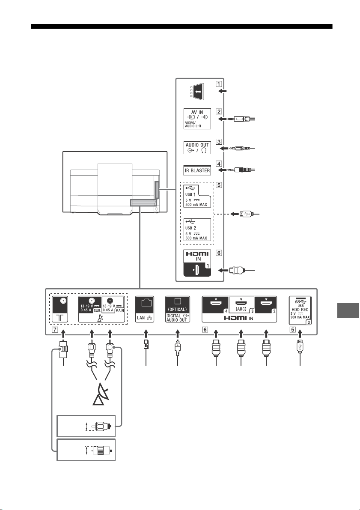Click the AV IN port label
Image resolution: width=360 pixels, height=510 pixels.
pos(197,119)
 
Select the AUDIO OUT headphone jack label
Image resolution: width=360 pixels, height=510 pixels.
pos(197,148)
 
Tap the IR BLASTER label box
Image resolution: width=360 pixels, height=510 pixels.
pos(197,170)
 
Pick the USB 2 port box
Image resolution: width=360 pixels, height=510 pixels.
pos(197,229)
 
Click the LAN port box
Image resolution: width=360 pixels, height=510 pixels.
pos(145,309)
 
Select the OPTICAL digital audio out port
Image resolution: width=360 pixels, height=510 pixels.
pos(177,309)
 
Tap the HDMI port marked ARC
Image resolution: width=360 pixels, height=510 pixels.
pos(241,305)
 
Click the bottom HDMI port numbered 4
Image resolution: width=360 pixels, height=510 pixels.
pos(215,305)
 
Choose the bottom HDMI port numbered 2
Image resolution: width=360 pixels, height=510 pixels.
pos(265,305)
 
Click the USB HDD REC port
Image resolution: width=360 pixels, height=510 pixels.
pos(300,310)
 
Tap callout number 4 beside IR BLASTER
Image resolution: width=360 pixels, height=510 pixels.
pos(219,164)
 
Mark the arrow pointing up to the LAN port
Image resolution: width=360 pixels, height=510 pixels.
pos(146,334)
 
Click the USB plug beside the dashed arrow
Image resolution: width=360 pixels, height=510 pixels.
pos(245,214)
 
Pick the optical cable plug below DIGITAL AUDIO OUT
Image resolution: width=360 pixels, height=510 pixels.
pos(177,348)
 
